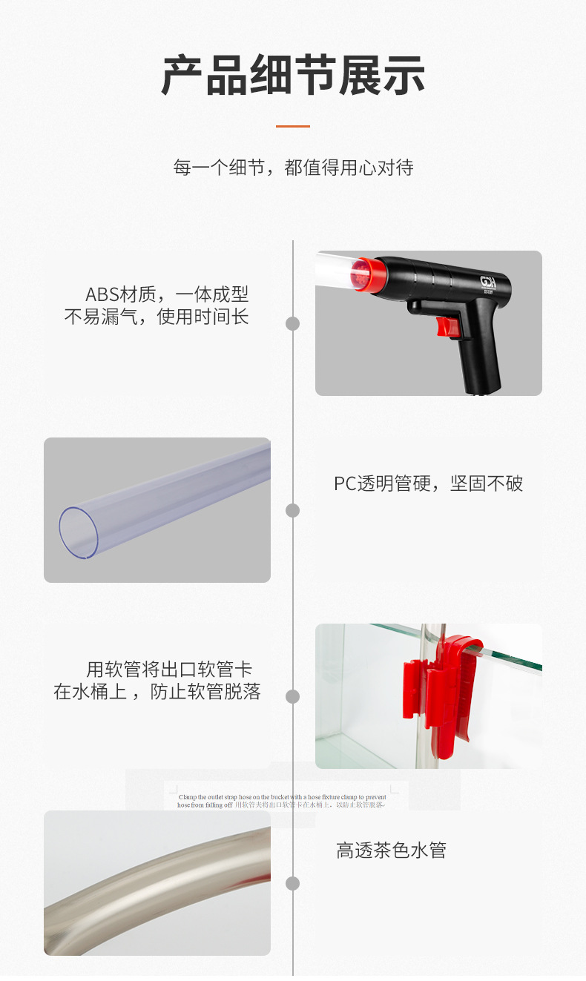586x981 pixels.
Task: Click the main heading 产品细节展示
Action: coord(293,76)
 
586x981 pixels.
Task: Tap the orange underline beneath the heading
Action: coord(293,126)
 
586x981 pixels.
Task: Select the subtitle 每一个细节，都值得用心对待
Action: coord(293,168)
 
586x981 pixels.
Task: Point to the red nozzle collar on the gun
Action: coord(371,274)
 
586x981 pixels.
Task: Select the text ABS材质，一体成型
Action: coord(167,294)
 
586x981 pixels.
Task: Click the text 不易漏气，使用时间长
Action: coord(157,317)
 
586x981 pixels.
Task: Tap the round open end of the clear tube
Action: coord(78,532)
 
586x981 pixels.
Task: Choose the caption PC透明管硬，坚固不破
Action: coord(428,484)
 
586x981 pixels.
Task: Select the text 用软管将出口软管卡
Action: coord(169,670)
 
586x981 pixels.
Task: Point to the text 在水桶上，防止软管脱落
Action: coord(157,693)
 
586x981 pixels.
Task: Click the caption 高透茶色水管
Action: coord(391,850)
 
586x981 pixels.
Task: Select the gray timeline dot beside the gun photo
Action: coord(293,323)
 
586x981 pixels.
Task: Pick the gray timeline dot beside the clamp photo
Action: coord(293,696)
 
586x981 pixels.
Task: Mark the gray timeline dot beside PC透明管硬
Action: coord(293,510)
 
